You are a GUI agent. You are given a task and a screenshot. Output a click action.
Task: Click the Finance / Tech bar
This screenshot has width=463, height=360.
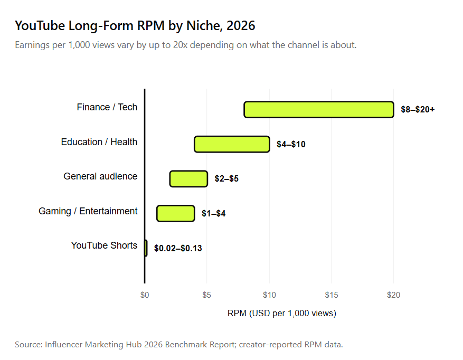[x=319, y=110]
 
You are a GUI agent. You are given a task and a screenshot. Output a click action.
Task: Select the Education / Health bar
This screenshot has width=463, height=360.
[x=232, y=144]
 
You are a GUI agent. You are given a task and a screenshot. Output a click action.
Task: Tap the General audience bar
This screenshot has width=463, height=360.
[x=188, y=178]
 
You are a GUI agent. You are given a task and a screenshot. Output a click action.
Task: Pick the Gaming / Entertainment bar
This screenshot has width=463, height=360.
[x=176, y=213]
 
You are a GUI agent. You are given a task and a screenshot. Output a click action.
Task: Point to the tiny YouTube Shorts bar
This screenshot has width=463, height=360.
[x=146, y=248]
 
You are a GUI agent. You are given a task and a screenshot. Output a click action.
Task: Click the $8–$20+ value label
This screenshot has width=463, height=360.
[x=418, y=110]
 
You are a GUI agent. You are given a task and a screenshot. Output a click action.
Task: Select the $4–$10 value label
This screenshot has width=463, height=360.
[x=291, y=144]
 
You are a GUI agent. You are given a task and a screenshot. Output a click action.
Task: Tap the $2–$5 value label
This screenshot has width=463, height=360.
[x=226, y=178]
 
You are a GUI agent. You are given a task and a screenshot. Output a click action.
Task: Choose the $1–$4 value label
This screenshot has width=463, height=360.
[x=213, y=213]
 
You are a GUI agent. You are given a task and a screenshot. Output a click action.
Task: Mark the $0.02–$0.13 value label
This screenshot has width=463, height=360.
[x=178, y=248]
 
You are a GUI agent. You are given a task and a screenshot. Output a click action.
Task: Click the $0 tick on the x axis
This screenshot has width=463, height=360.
[x=145, y=295]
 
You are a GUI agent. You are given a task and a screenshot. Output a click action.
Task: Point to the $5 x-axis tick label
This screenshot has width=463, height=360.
[x=207, y=295]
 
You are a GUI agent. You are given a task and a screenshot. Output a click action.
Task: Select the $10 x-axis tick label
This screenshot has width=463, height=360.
[x=269, y=295]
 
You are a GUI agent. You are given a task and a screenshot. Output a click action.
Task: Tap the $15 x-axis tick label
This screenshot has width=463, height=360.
[x=332, y=295]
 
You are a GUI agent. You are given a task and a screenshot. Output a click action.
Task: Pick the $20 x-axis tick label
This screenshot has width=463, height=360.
[x=394, y=295]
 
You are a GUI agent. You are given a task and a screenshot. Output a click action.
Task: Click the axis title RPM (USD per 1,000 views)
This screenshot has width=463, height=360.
[x=282, y=313]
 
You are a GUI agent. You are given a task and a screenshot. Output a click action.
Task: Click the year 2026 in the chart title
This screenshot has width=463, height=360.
[x=241, y=26]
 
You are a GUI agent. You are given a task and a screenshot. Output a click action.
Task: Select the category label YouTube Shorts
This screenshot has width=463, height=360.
[x=104, y=245]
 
